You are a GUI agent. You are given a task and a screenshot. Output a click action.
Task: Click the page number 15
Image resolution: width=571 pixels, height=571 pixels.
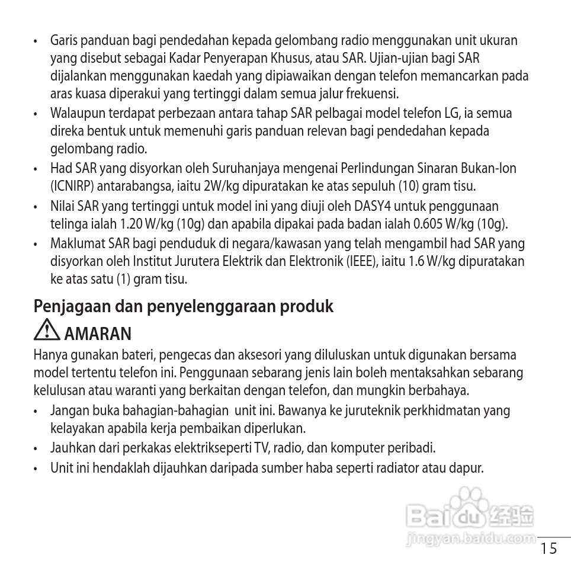(x=549, y=548)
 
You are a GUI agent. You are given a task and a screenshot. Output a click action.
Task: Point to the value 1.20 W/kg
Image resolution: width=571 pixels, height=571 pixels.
(x=142, y=224)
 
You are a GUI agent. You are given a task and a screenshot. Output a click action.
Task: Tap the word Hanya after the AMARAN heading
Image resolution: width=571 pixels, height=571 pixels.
(x=48, y=355)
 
